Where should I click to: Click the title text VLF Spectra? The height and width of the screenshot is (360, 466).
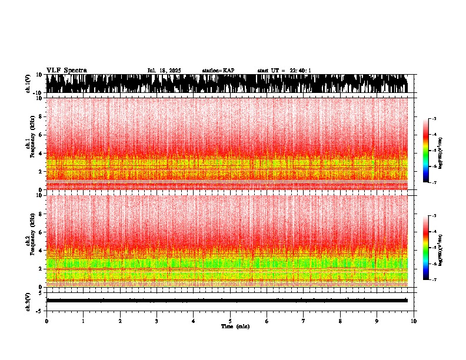pyautogui.click(x=66, y=71)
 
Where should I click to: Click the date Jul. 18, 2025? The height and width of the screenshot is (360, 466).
pyautogui.click(x=164, y=71)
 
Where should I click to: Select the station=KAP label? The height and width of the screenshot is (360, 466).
pyautogui.click(x=218, y=71)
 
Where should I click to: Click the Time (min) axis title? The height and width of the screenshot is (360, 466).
pyautogui.click(x=235, y=326)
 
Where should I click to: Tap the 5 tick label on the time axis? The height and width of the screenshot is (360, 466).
pyautogui.click(x=230, y=321)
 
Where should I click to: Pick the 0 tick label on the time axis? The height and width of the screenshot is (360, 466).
pyautogui.click(x=46, y=321)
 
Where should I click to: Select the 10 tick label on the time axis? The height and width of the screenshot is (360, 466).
pyautogui.click(x=414, y=321)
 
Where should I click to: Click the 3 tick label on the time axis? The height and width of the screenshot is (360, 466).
pyautogui.click(x=157, y=321)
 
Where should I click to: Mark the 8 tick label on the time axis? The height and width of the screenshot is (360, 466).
pyautogui.click(x=340, y=321)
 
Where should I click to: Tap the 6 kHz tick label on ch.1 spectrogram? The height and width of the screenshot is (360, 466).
pyautogui.click(x=39, y=135)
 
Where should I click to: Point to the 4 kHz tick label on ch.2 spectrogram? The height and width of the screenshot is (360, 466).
pyautogui.click(x=39, y=250)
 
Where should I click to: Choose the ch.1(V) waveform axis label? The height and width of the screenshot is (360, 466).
pyautogui.click(x=28, y=84)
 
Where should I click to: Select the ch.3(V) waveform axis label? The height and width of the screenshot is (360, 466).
pyautogui.click(x=28, y=301)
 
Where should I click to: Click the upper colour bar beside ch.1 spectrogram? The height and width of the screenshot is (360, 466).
pyautogui.click(x=426, y=151)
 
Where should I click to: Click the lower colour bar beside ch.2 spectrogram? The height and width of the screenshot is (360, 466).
pyautogui.click(x=426, y=247)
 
